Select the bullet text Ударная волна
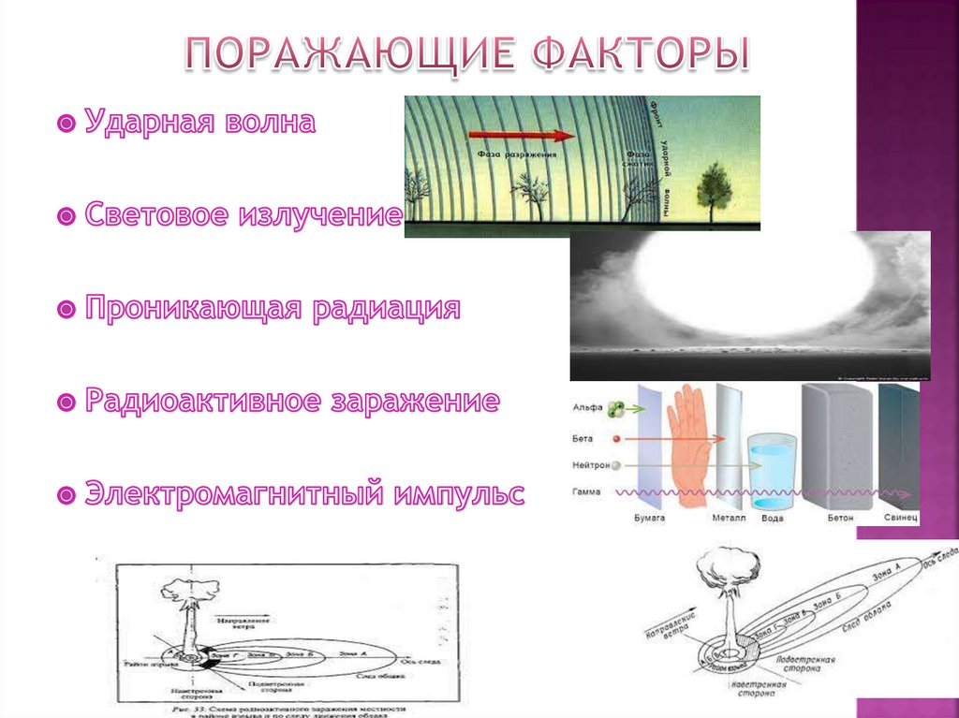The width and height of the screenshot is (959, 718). click(199, 123)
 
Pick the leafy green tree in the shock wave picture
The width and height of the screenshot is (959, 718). click(714, 183)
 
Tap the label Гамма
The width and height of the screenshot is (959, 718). click(583, 491)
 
